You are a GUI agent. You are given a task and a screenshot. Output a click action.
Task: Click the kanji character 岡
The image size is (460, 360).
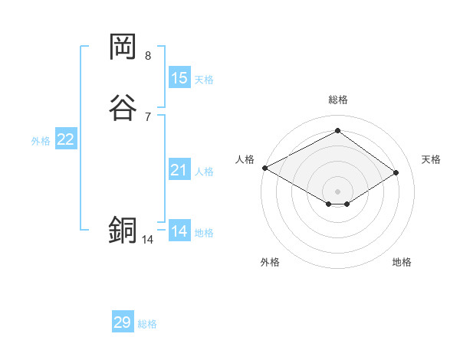click(123, 47)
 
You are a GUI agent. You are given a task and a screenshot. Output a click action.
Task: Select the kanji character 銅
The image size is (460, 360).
click(123, 231)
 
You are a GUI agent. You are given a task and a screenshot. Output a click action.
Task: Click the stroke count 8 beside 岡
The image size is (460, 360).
click(148, 56)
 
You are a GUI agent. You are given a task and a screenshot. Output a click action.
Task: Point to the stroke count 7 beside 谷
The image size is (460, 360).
click(148, 116)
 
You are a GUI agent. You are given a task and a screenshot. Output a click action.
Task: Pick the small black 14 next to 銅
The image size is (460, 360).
click(147, 240)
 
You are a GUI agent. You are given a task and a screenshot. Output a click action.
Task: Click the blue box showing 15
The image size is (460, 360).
click(179, 78)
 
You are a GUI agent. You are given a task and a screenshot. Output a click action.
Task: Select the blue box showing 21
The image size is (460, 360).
click(179, 170)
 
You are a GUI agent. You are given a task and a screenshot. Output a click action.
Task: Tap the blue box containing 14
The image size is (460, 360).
click(179, 231)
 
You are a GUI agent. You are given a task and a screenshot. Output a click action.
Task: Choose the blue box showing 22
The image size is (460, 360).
click(66, 139)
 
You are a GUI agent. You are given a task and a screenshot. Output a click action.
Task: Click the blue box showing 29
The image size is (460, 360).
click(123, 322)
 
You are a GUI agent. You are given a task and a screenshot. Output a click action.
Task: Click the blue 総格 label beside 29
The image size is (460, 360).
click(147, 324)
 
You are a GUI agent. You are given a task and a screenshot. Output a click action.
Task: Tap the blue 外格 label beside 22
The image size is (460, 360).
click(41, 141)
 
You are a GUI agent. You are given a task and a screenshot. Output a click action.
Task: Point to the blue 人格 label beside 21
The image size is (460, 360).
click(204, 172)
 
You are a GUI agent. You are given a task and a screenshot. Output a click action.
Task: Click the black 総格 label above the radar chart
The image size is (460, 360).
click(338, 100)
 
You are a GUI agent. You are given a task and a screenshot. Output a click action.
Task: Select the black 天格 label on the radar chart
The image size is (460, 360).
click(432, 159)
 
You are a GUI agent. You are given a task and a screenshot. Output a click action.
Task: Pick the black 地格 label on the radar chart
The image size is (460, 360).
click(402, 262)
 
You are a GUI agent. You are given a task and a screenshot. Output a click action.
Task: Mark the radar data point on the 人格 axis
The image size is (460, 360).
click(264, 167)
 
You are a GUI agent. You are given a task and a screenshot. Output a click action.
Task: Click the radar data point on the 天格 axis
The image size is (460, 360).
click(396, 172)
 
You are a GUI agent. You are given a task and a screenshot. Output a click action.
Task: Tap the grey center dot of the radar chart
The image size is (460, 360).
click(338, 191)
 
